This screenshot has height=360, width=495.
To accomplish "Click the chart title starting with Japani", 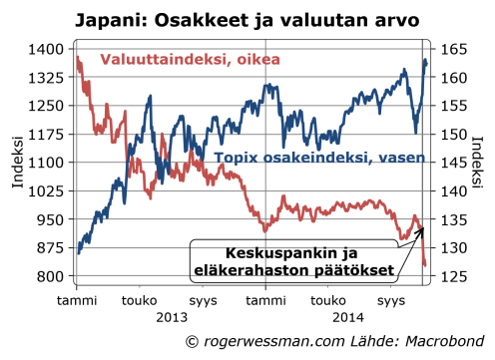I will pos(248,18).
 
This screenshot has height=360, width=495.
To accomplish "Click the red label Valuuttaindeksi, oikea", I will pos(188,60).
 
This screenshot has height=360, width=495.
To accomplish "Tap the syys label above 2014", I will pos(395,300).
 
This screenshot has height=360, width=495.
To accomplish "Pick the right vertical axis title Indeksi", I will pos(482,163).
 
